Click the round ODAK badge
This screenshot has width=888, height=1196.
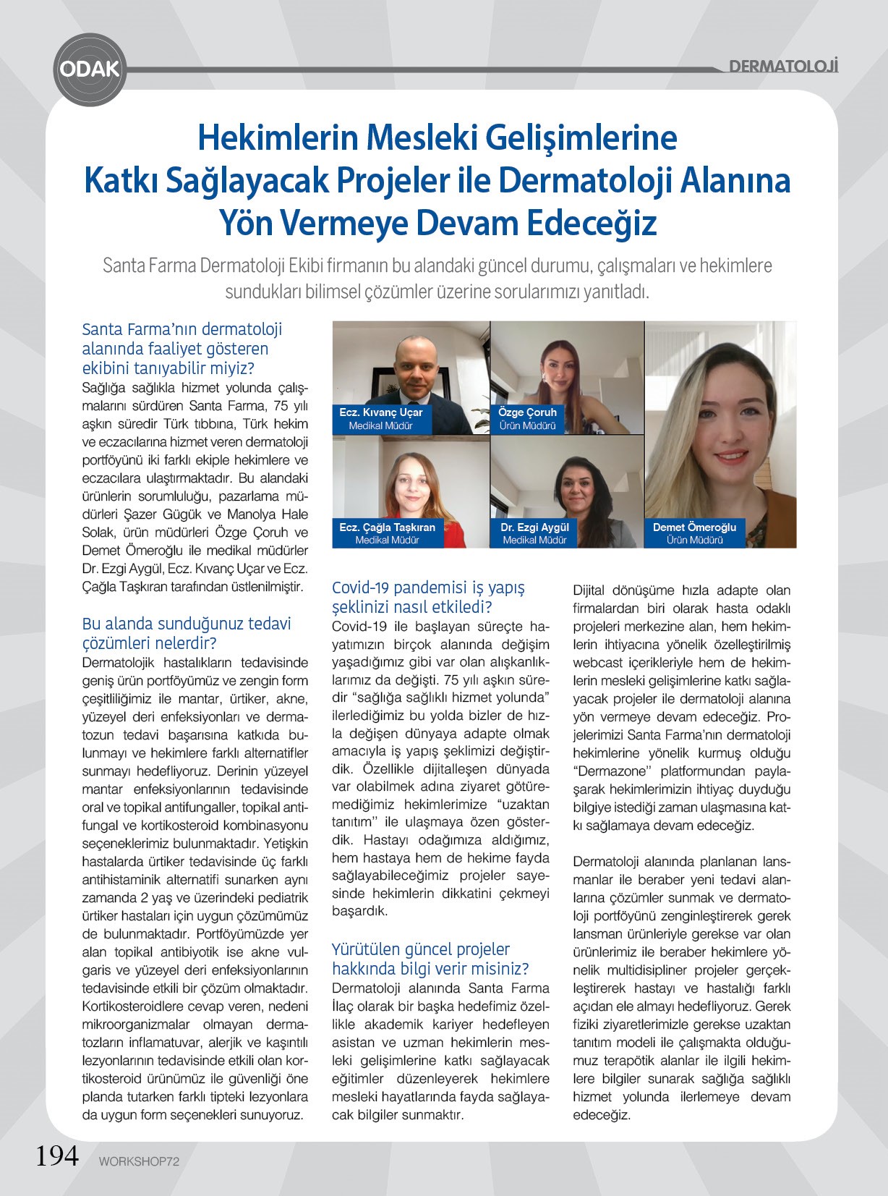(90, 69)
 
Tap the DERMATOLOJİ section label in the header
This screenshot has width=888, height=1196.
(783, 67)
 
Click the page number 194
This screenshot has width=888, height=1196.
(57, 1155)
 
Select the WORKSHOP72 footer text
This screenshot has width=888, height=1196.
(139, 1161)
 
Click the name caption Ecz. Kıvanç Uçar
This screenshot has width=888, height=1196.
(380, 412)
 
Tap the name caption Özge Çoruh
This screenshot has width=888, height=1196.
(527, 412)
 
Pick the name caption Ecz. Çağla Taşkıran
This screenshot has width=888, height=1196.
(387, 527)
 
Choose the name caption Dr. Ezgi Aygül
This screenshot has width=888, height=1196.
(534, 527)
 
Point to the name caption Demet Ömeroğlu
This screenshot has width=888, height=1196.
(694, 527)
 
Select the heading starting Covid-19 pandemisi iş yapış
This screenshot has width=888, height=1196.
(428, 588)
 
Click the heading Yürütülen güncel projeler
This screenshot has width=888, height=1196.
(421, 949)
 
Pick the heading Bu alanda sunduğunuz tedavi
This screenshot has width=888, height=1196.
(187, 624)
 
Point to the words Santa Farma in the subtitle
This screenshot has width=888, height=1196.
(149, 266)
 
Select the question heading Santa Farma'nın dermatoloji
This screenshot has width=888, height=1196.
(182, 329)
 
